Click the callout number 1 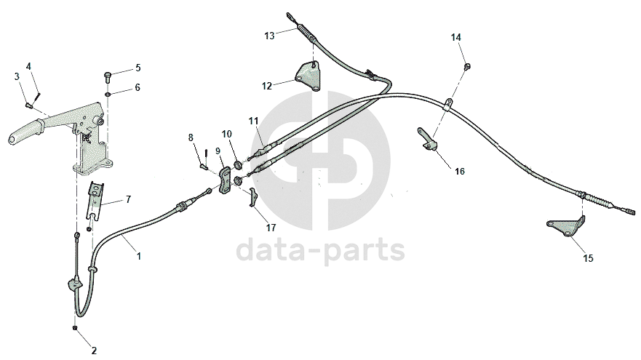(139, 256)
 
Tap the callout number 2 (93, 350)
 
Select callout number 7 (128, 199)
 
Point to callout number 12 (267, 86)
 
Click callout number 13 (269, 35)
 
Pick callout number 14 (455, 37)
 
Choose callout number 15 (587, 257)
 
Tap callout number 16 (459, 172)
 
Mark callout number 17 (271, 227)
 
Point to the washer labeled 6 (108, 94)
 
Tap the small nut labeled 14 (465, 68)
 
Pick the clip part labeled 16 (428, 140)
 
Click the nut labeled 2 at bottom (75, 328)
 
